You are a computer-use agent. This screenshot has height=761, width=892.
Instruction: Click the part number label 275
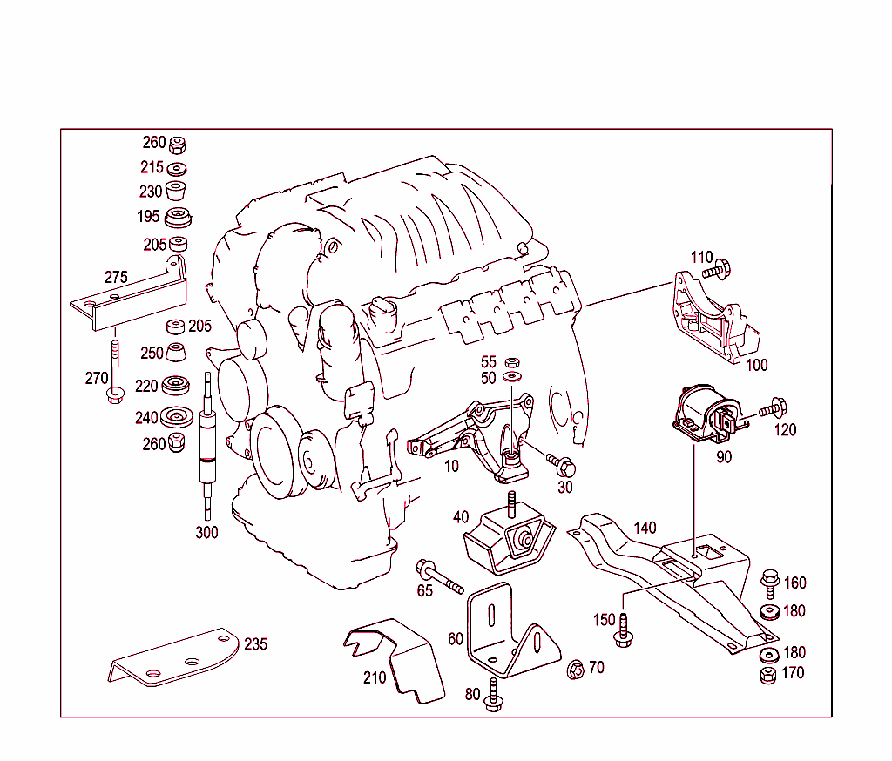point(116,277)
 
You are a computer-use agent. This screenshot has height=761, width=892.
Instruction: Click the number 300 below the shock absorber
point(206,533)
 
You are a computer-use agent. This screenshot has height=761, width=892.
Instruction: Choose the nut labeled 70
point(575,670)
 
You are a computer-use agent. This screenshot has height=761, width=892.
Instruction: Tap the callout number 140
point(645,528)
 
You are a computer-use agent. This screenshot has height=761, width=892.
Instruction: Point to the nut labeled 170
point(768,675)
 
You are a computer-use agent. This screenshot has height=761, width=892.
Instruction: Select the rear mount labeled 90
point(706,413)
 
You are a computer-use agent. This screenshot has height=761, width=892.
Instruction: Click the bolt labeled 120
point(772,407)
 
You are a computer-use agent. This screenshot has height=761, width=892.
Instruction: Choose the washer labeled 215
point(178,168)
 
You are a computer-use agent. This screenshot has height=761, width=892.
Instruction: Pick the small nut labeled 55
point(512,361)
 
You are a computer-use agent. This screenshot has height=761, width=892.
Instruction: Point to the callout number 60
point(456,638)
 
